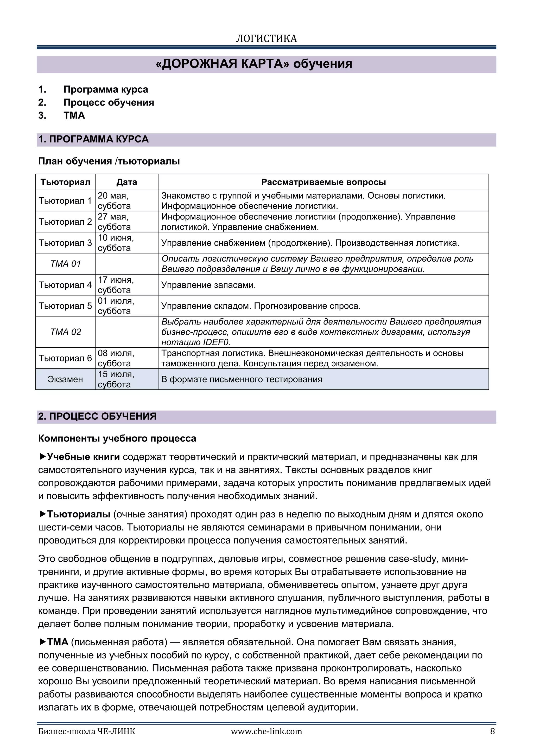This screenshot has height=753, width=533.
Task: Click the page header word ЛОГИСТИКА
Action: pyautogui.click(x=266, y=39)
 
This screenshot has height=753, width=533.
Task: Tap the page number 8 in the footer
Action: pyautogui.click(x=492, y=731)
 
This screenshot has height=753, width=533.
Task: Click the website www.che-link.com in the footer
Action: pyautogui.click(x=266, y=731)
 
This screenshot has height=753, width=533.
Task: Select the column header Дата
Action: pyautogui.click(x=127, y=182)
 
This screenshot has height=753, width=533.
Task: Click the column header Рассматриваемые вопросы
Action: pyautogui.click(x=323, y=182)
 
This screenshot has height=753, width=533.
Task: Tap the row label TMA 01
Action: pyautogui.click(x=65, y=264)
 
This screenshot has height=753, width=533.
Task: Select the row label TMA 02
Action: pyautogui.click(x=65, y=332)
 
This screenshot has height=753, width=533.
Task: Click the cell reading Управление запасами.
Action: pyautogui.click(x=208, y=285)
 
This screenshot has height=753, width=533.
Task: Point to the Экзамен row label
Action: pyautogui.click(x=65, y=379)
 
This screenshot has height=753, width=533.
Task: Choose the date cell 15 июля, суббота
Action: pyautogui.click(x=116, y=379)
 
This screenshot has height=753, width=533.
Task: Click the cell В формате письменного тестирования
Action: pyautogui.click(x=242, y=379)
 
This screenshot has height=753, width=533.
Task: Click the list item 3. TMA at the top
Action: pyautogui.click(x=74, y=115)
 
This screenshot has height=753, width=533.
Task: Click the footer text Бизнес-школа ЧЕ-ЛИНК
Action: pyautogui.click(x=87, y=731)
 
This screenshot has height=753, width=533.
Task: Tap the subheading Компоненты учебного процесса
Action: pyautogui.click(x=117, y=438)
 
